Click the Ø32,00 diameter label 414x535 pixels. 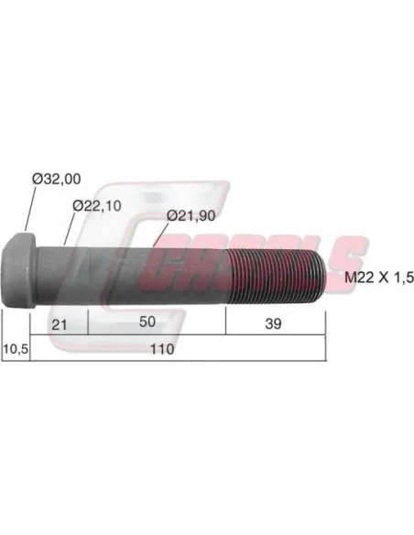click(x=57, y=179)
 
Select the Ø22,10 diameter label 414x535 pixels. click(x=97, y=206)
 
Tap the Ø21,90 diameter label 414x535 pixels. click(x=191, y=215)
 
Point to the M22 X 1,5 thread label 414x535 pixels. click(x=379, y=277)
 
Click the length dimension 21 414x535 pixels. click(x=59, y=324)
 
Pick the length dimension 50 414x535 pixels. click(x=147, y=322)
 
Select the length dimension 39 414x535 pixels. click(x=273, y=323)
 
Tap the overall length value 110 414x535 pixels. click(x=162, y=349)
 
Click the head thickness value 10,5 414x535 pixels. click(x=16, y=349)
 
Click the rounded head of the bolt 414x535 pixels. click(x=19, y=270)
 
